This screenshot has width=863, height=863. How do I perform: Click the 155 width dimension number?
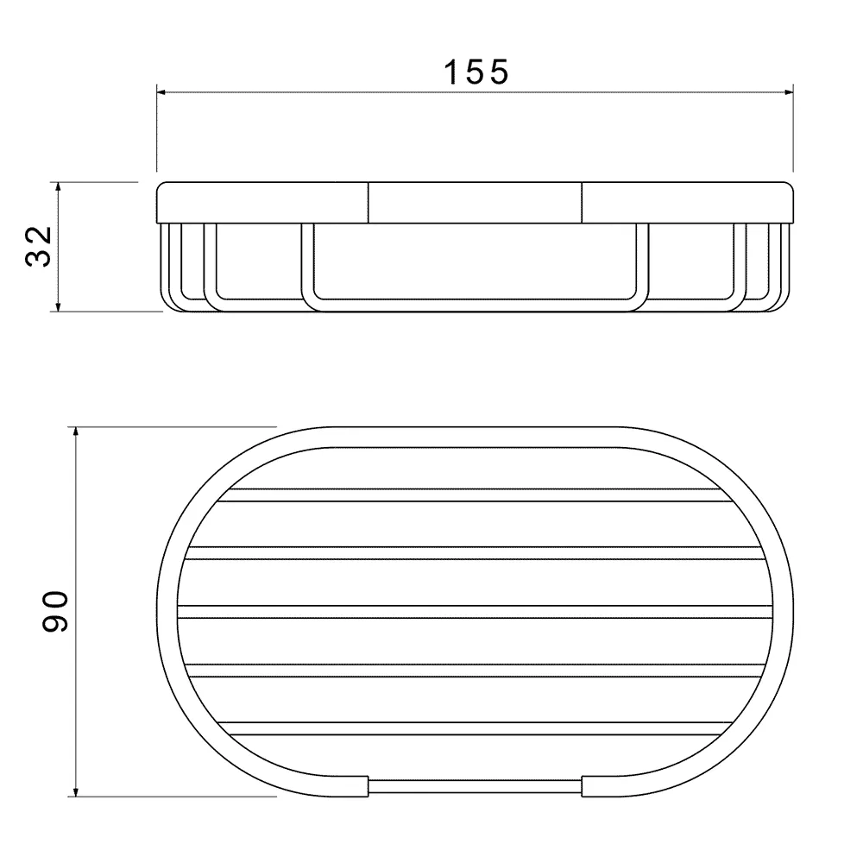476,72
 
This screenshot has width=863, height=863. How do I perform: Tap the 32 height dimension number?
39,246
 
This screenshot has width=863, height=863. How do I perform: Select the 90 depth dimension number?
55,612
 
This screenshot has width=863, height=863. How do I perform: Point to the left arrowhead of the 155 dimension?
162,92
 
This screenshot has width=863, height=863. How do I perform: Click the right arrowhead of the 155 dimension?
788,92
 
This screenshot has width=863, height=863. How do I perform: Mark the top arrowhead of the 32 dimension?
59,187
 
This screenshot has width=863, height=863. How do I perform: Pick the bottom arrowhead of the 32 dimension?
59,306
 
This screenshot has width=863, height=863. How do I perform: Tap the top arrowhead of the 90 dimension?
76,432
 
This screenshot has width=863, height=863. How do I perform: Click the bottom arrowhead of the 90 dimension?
76,791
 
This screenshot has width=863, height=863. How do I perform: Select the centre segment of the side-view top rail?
475,203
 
